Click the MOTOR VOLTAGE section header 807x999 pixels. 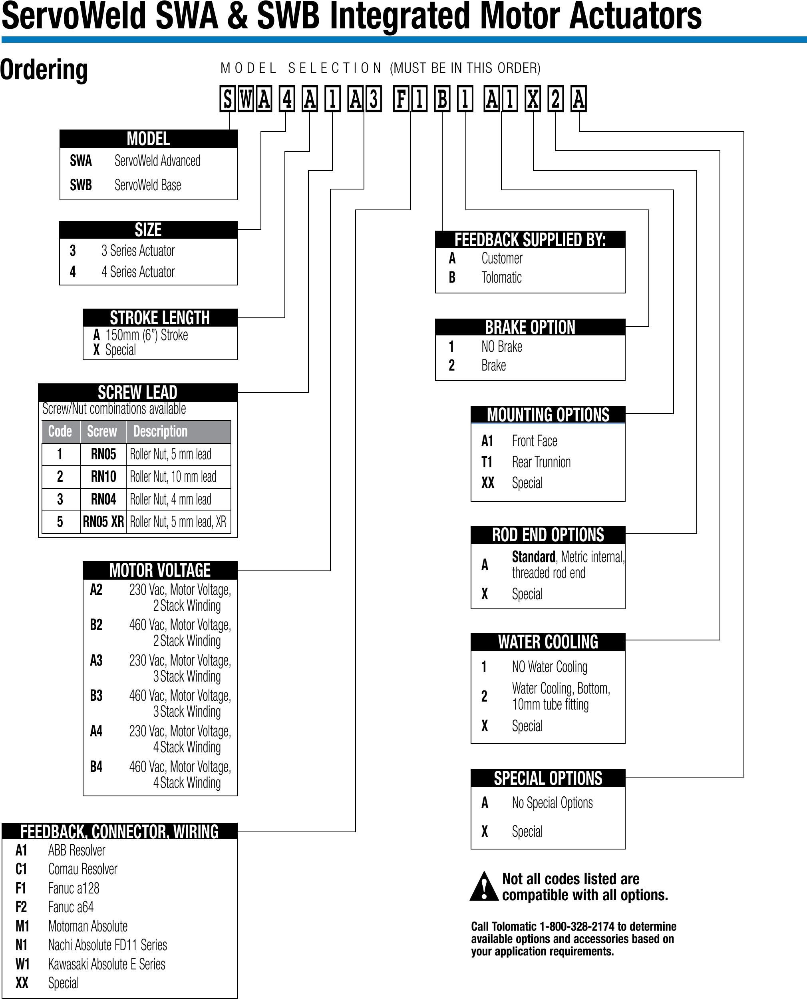160,570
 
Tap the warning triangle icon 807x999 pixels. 484,887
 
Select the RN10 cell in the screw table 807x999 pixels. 103,477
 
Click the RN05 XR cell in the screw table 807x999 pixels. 103,522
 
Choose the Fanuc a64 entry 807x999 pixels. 71,907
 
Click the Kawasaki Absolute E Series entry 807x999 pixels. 106,964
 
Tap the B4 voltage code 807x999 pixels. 96,766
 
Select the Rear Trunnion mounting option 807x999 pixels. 541,462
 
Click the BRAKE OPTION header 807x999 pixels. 530,327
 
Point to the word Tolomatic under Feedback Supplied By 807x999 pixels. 501,278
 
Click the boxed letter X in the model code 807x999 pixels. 533,99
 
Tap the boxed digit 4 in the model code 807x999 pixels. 287,99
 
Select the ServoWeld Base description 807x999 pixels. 148,185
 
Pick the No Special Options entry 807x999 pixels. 552,803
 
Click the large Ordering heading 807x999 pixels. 44,70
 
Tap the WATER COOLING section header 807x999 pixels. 548,642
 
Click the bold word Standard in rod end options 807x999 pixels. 533,557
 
